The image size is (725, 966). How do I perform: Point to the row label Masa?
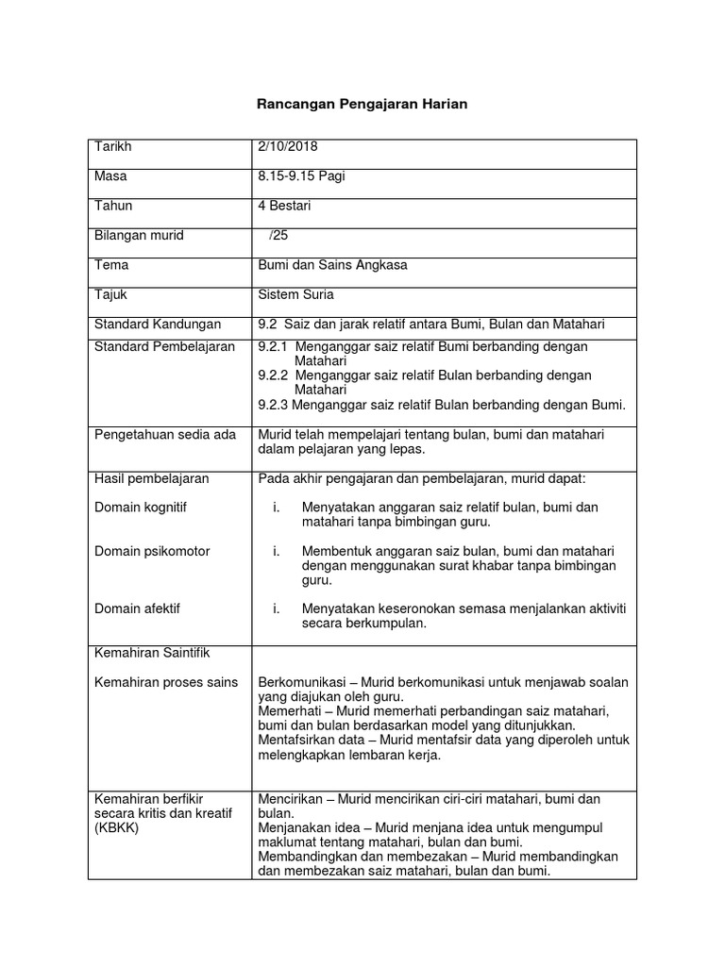point(110,177)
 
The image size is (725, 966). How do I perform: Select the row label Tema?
point(111,265)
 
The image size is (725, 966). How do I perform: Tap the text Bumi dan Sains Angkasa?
point(332,265)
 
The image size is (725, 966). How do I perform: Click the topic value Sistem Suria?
point(295,294)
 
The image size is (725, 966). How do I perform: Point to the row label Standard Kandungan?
point(158,325)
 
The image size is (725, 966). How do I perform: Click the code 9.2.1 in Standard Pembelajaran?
point(273,347)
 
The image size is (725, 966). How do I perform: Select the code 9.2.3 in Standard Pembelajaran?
point(273,406)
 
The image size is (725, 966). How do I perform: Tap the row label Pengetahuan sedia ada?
point(165,434)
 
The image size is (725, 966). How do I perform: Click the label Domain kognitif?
point(141,508)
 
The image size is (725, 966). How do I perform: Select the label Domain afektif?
point(137,609)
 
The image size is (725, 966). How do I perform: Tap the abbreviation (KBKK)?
point(117,827)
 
